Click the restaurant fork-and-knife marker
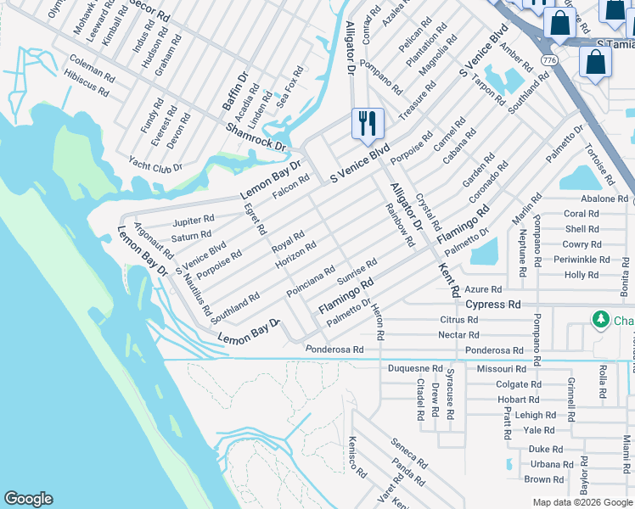coord(368,124)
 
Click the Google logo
coord(28,499)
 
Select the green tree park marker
coord(601,319)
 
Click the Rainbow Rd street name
coord(399,226)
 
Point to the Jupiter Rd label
coord(194,221)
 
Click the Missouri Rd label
coord(501,369)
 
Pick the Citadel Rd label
coord(420,400)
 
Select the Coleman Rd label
coord(93,67)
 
